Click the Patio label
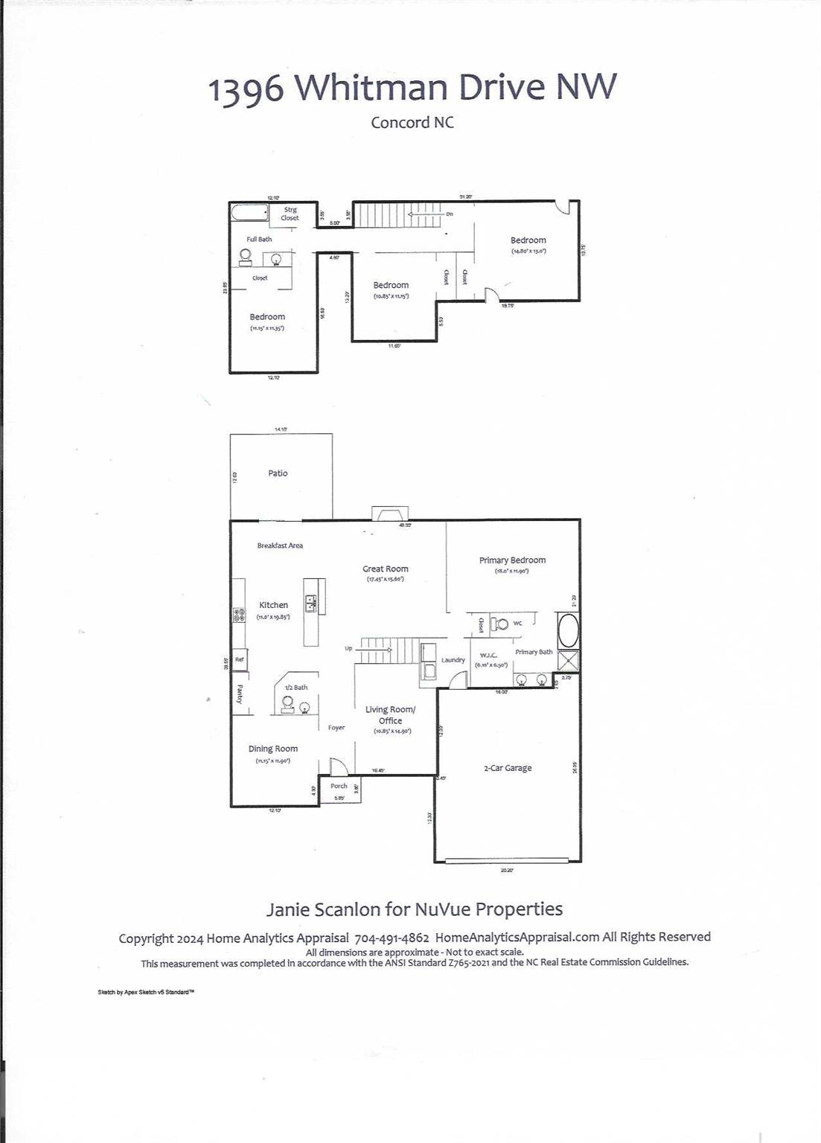(278, 473)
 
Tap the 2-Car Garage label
(508, 768)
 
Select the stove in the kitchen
(239, 615)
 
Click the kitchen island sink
(310, 603)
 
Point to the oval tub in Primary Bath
(568, 630)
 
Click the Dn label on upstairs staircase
(450, 214)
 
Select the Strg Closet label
(290, 214)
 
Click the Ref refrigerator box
(239, 659)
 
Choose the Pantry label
(240, 694)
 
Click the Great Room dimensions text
(385, 579)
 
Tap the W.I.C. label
(488, 655)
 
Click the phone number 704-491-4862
(392, 938)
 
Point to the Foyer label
(336, 728)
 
